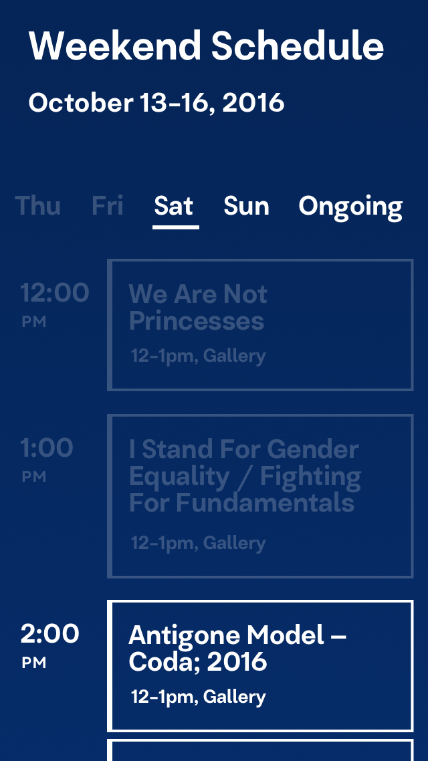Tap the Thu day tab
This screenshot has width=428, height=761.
[38, 205]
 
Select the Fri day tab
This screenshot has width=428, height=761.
[107, 205]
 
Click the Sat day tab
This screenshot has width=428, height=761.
[174, 205]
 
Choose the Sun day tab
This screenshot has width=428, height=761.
[246, 205]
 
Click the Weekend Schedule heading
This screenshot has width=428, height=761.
[206, 45]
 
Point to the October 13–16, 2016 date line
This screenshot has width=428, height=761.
[156, 103]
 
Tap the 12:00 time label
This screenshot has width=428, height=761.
[54, 293]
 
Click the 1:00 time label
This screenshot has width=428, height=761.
[47, 448]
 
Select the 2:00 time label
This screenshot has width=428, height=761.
[49, 634]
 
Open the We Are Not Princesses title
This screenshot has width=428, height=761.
[198, 308]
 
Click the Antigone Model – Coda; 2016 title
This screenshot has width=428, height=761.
[237, 649]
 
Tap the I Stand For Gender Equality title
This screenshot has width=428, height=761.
[245, 475]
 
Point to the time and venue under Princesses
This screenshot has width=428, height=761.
[199, 356]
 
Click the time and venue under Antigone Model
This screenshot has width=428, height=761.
[199, 697]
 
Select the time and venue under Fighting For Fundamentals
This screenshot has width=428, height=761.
[199, 543]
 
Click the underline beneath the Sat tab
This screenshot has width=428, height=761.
[176, 227]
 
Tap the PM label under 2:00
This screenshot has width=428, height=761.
[34, 663]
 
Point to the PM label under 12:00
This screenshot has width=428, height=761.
[34, 322]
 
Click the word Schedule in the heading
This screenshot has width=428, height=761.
[298, 45]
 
